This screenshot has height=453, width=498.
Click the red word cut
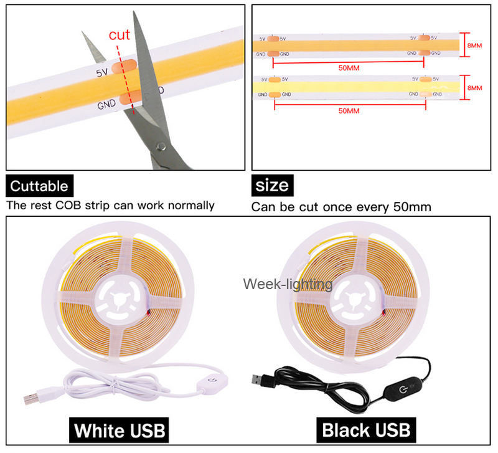pyautogui.click(x=120, y=35)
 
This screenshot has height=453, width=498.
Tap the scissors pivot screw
pyautogui.click(x=161, y=147)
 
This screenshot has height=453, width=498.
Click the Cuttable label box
pyautogui.click(x=39, y=186)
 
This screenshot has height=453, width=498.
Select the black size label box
pyautogui.click(x=272, y=186)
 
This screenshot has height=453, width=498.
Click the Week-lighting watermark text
pyautogui.click(x=288, y=285)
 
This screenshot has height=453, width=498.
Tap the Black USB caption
pyautogui.click(x=367, y=430)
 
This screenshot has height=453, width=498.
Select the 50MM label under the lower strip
pyautogui.click(x=349, y=110)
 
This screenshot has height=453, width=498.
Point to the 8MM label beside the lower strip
pyautogui.click(x=474, y=88)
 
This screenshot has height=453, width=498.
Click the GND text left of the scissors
pyautogui.click(x=106, y=104)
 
